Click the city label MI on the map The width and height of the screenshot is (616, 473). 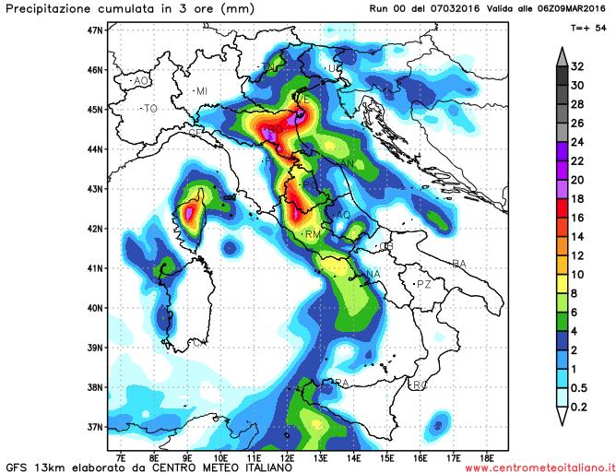[201, 90]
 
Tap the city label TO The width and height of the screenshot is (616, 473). [150, 109]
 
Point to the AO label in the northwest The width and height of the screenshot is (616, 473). [141, 81]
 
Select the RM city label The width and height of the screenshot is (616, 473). [312, 236]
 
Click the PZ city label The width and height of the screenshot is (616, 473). [424, 284]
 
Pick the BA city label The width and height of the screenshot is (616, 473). [459, 265]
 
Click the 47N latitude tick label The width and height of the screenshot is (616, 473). [94, 30]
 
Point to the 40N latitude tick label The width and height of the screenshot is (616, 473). [94, 308]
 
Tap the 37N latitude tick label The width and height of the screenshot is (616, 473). [94, 427]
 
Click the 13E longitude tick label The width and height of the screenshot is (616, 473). [320, 455]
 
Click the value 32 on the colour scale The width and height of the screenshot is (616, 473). [577, 65]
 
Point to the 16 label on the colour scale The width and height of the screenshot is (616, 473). [577, 218]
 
